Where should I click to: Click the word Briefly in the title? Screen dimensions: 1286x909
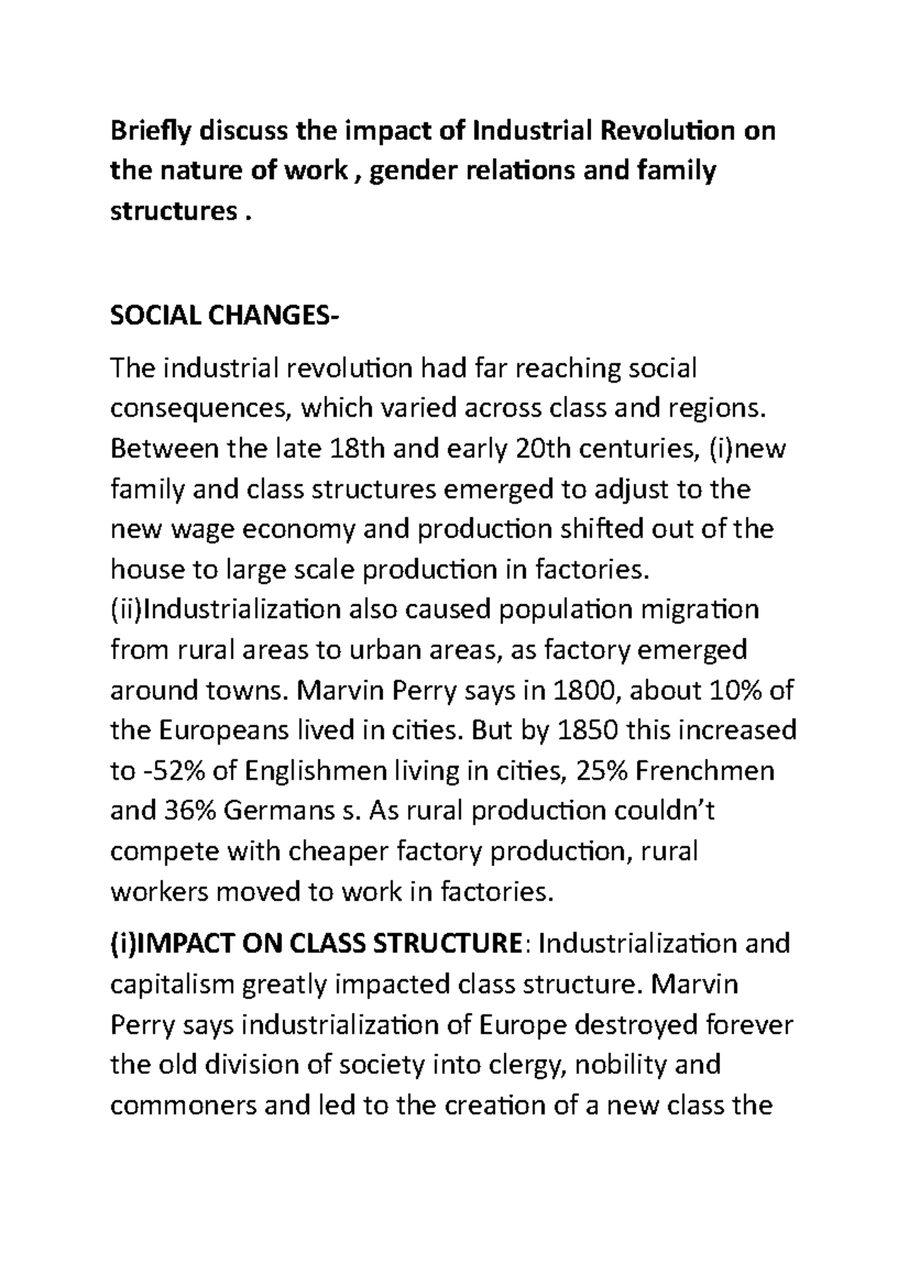click(150, 131)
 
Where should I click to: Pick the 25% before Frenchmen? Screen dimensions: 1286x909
click(599, 772)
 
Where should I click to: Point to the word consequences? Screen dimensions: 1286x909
click(201, 408)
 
